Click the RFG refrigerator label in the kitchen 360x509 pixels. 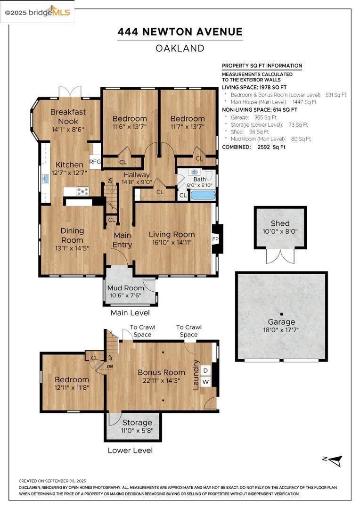point(95,162)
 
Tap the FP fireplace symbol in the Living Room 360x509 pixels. point(216,239)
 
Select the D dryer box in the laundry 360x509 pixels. point(205,370)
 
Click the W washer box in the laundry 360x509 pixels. point(205,382)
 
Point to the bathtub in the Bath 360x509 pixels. point(203,195)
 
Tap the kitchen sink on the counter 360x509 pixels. point(45,179)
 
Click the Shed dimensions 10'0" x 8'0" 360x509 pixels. point(280,231)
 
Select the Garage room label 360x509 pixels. point(281,322)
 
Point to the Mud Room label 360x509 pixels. point(126,288)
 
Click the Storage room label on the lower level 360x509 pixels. point(137,422)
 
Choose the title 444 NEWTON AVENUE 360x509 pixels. point(180,32)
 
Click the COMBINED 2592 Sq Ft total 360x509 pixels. point(254,147)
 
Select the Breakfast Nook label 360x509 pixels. point(68,116)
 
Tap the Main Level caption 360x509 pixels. point(130,312)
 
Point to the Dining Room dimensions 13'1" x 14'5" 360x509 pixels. point(72,247)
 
